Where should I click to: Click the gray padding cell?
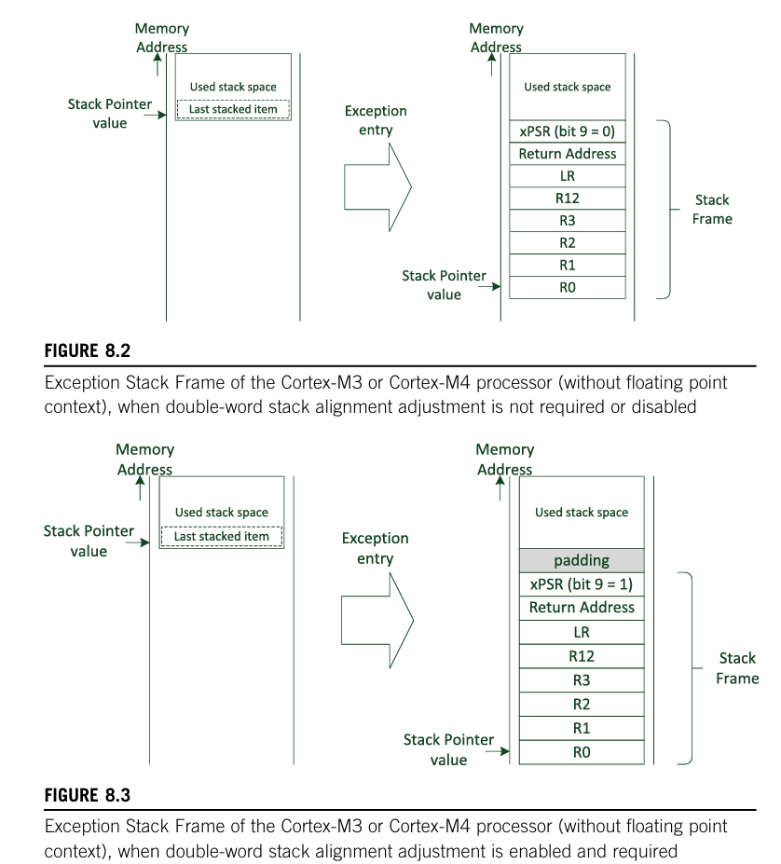[582, 560]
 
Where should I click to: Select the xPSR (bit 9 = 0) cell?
[568, 131]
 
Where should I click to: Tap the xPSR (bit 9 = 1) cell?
[582, 584]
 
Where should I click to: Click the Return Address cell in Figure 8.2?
[568, 154]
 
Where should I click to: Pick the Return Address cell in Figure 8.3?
[582, 608]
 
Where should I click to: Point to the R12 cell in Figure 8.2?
[568, 199]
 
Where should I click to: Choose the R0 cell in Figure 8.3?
[582, 752]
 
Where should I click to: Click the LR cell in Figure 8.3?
[582, 632]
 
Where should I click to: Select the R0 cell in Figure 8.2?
[568, 288]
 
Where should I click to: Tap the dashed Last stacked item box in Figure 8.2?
[233, 109]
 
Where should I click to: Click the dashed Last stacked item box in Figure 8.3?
[222, 537]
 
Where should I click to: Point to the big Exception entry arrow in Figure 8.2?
[377, 187]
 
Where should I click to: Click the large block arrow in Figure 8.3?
[377, 621]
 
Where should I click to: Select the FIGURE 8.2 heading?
[87, 351]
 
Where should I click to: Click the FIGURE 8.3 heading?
[87, 795]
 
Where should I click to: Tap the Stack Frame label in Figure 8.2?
[712, 210]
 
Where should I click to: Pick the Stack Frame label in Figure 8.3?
[737, 668]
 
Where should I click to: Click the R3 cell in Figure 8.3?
[582, 680]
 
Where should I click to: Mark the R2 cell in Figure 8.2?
[568, 243]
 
